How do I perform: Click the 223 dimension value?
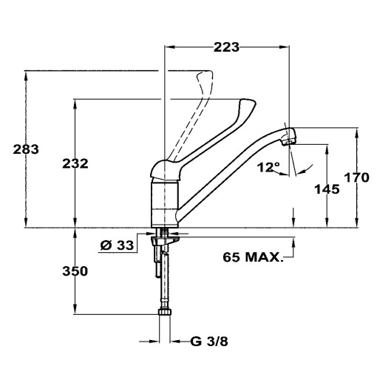[227, 47]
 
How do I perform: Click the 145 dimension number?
[325, 189]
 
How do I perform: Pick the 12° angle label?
[268, 167]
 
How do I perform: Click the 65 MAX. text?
[253, 258]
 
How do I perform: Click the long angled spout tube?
[229, 167]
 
